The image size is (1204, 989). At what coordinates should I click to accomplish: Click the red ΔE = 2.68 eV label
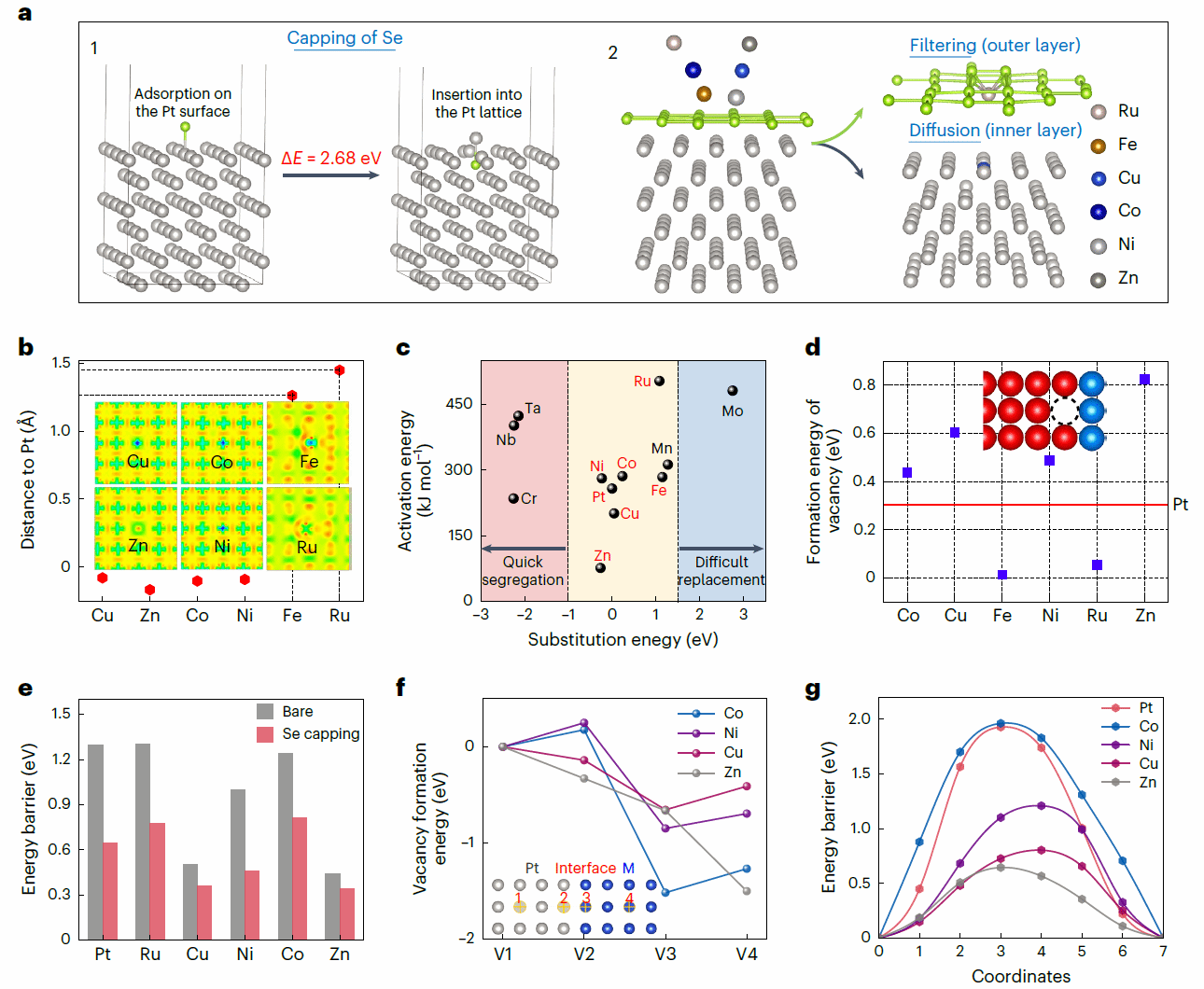pos(331,159)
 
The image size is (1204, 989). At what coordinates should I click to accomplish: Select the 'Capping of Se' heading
pos(344,38)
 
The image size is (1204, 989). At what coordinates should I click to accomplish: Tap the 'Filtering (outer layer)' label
pos(995,46)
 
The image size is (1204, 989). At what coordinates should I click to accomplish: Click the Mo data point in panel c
pos(733,391)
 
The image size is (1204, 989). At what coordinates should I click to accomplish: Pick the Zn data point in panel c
pos(600,567)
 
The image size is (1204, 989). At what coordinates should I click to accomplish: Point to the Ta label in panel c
pos(533,408)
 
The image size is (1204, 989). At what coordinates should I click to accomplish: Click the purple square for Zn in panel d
pos(1144,380)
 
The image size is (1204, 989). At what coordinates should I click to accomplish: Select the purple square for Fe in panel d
pos(1002,575)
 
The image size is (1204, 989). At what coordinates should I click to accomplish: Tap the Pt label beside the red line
pos(1181,505)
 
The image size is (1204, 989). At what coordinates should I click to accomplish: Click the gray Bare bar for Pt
pos(95,841)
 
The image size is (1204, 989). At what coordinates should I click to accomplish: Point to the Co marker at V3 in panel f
pos(665,893)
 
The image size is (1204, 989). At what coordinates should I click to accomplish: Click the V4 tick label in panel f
pos(747,954)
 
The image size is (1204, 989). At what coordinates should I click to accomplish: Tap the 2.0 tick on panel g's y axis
pos(860,718)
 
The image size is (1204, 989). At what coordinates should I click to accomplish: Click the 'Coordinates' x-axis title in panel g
pos(1021,976)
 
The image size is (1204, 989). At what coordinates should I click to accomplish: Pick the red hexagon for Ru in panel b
pos(340,370)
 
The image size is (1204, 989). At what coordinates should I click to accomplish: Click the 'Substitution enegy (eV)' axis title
pos(623,639)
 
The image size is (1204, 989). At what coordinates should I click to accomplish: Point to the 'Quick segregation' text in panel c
pos(523,570)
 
